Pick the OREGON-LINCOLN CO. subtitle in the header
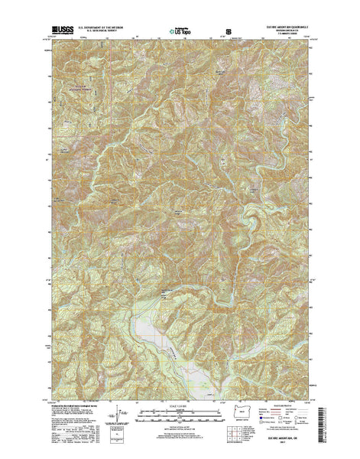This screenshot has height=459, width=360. coord(286,32)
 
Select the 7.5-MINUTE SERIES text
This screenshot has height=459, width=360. coord(287,36)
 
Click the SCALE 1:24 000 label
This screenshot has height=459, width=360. coord(180,405)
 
